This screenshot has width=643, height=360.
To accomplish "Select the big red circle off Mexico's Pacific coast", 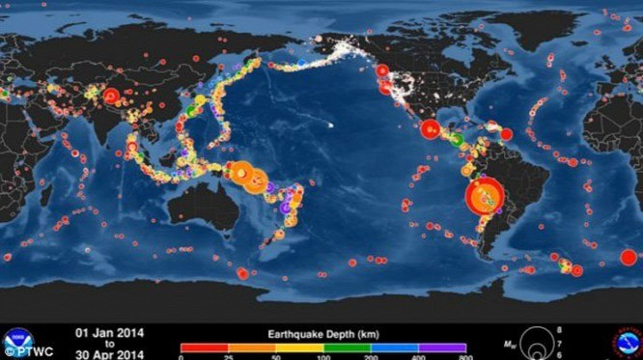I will tap(431, 128).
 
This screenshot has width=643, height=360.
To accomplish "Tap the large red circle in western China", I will tap(111, 96).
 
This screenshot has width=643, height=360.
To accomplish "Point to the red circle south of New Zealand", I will tap(242, 273).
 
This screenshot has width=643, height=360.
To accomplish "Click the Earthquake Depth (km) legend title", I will tap(322, 333).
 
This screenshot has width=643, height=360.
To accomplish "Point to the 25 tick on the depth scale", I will tap(228, 356).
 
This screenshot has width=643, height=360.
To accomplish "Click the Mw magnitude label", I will tap(509, 341).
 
